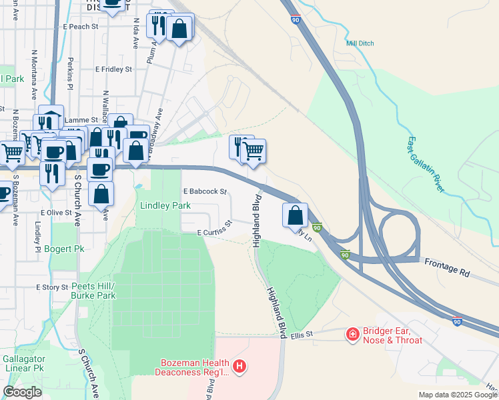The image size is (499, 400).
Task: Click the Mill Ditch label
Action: point(360,43)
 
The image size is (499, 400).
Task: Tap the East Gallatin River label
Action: point(425,164)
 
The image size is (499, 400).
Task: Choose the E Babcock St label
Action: point(205,191)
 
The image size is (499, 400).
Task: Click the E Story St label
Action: point(52,287)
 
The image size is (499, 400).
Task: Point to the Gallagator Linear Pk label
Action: point(23,363)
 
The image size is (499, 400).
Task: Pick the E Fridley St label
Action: point(114,69)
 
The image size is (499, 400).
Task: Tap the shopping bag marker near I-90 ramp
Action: point(295,216)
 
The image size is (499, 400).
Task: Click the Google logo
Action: point(22,392)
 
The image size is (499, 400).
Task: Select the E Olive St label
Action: point(55,212)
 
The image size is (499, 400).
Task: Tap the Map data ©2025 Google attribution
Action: point(457,395)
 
